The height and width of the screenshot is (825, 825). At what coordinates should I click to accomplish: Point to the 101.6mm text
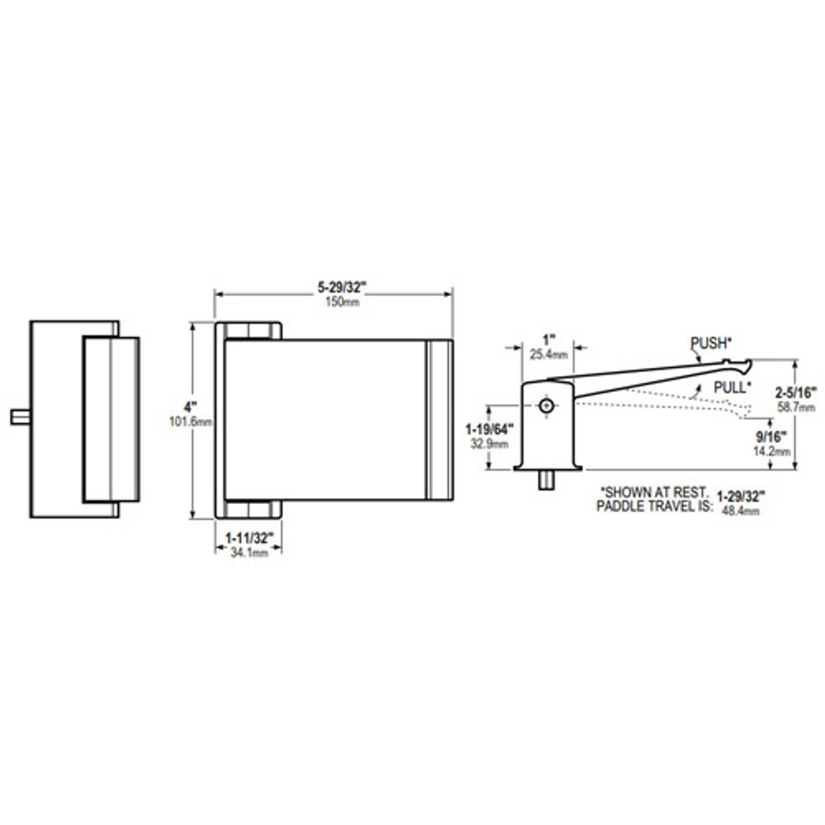pos(190,422)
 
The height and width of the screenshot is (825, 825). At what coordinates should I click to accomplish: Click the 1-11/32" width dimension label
pos(249,537)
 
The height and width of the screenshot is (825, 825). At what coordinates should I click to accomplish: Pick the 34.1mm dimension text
pos(249,552)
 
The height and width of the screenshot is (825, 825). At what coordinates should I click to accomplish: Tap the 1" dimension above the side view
pos(548,339)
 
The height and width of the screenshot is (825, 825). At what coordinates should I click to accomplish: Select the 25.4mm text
pos(548,354)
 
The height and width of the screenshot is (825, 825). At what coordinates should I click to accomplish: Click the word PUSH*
pos(709,343)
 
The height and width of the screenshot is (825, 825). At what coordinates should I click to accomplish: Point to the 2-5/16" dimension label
pos(797,392)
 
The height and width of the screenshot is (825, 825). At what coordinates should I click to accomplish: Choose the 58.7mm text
pos(797,407)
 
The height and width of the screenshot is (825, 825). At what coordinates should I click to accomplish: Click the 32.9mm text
pos(489,444)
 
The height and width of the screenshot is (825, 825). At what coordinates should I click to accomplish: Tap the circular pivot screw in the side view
pos(547,405)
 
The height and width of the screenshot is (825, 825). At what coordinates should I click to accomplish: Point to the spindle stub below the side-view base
pos(547,480)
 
